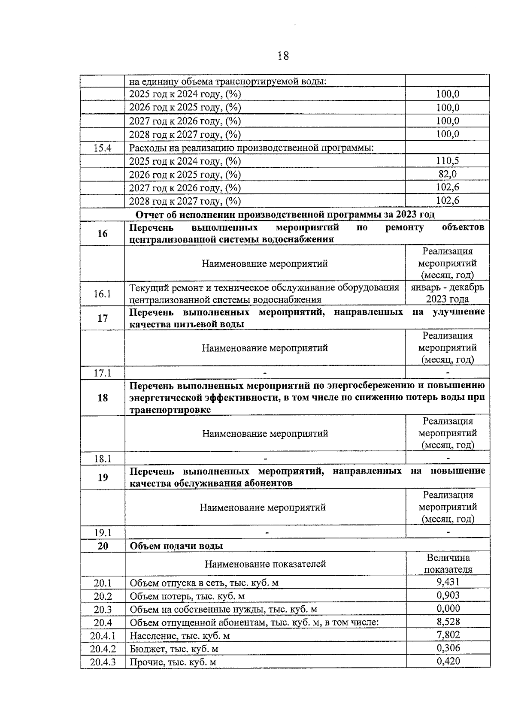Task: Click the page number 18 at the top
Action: (x=283, y=56)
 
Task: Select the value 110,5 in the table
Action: (x=447, y=161)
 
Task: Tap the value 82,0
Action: (x=447, y=174)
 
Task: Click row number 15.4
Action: (x=103, y=148)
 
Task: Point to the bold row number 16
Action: (x=103, y=233)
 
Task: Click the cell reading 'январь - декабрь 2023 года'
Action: (x=447, y=293)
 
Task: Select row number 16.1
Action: (x=103, y=294)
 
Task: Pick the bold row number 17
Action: (x=103, y=318)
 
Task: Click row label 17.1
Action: (x=103, y=373)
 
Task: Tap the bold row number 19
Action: (x=103, y=477)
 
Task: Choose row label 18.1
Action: (x=103, y=459)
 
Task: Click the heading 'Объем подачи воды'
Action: (x=176, y=546)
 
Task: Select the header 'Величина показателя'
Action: (x=448, y=564)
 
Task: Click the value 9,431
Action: (x=448, y=582)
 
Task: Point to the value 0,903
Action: (x=448, y=595)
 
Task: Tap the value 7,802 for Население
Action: (x=448, y=635)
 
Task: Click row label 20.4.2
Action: (x=103, y=649)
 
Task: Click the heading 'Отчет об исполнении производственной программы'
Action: (x=285, y=214)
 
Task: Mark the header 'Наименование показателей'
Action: (x=265, y=564)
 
